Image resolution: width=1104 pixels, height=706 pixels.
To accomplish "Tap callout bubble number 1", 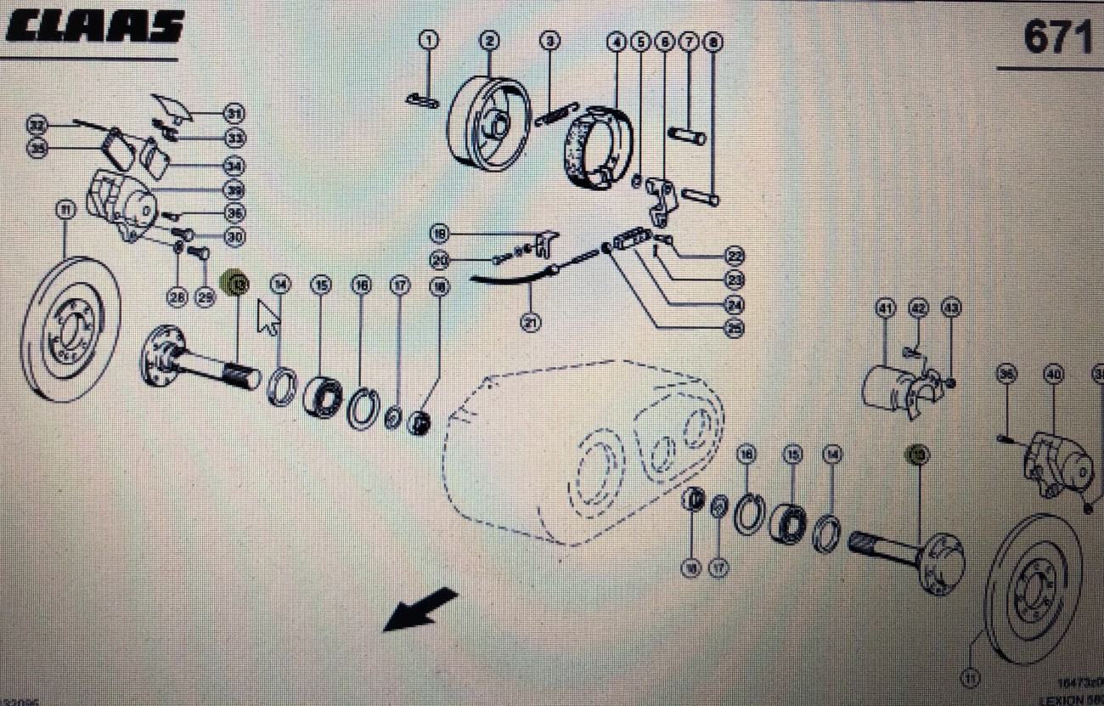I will coord(430,40).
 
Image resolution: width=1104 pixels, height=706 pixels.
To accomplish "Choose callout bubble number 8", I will coord(712,40).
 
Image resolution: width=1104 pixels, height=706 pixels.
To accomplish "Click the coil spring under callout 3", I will coord(557,113).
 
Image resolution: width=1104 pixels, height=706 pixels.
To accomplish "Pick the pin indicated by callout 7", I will coord(687,134).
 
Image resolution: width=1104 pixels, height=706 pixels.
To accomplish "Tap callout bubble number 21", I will coord(531,322).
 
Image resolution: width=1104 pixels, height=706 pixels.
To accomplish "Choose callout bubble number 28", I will coord(177,297).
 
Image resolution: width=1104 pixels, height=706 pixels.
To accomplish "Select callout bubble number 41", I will coord(886,308).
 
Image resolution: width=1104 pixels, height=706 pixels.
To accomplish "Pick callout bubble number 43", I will coord(950,308).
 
